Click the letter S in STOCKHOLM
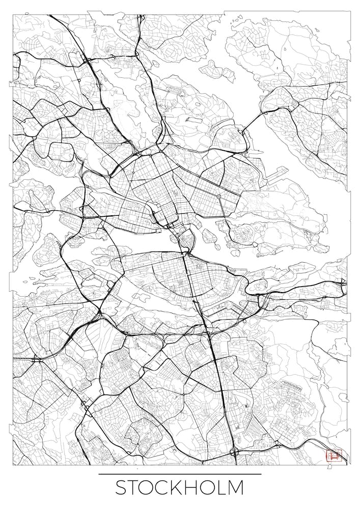121,488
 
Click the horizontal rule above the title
180,474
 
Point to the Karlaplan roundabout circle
219,196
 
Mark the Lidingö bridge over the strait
253,123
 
